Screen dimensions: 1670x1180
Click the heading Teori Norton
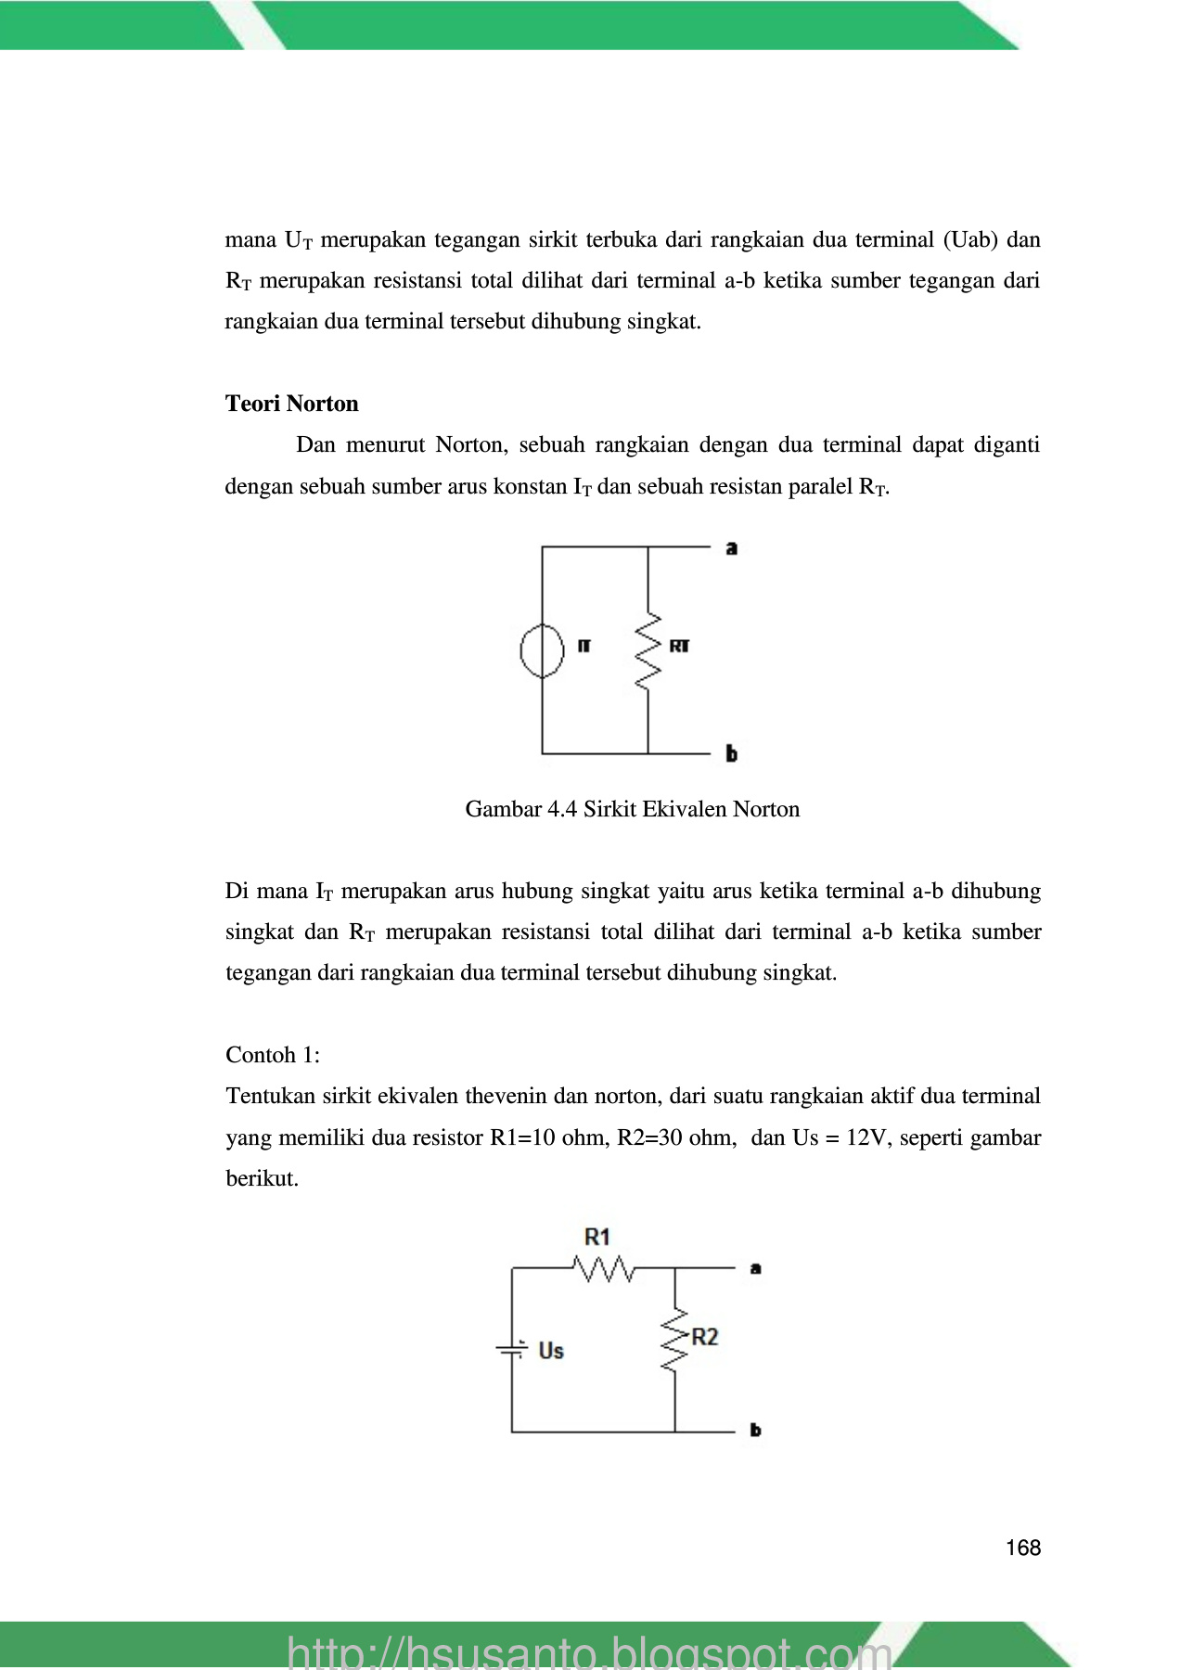pos(291,404)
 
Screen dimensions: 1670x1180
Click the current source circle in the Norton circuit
pos(542,649)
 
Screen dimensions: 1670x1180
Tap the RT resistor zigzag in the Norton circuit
pos(648,650)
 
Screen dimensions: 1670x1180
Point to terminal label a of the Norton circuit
pos(732,548)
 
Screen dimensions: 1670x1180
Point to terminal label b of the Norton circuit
pos(732,754)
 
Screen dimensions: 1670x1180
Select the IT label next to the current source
pos(584,646)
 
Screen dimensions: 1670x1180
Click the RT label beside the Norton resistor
pos(679,646)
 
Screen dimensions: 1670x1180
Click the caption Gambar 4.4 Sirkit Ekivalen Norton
pos(632,809)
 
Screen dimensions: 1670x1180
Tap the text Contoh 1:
pos(273,1055)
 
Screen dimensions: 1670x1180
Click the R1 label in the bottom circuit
pos(597,1237)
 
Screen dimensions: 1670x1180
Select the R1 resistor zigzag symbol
pos(605,1268)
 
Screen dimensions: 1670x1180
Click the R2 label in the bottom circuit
pos(705,1337)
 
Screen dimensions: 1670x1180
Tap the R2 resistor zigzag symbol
pos(675,1340)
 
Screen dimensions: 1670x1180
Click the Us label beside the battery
pos(551,1351)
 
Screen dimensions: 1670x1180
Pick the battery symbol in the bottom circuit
pos(512,1349)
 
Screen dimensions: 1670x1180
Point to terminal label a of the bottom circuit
pos(756,1268)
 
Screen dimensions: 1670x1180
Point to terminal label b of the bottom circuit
pos(756,1431)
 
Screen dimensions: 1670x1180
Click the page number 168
pos(1022,1548)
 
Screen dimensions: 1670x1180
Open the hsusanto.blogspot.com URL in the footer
pos(589,1651)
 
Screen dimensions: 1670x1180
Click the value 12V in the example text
pos(868,1137)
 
